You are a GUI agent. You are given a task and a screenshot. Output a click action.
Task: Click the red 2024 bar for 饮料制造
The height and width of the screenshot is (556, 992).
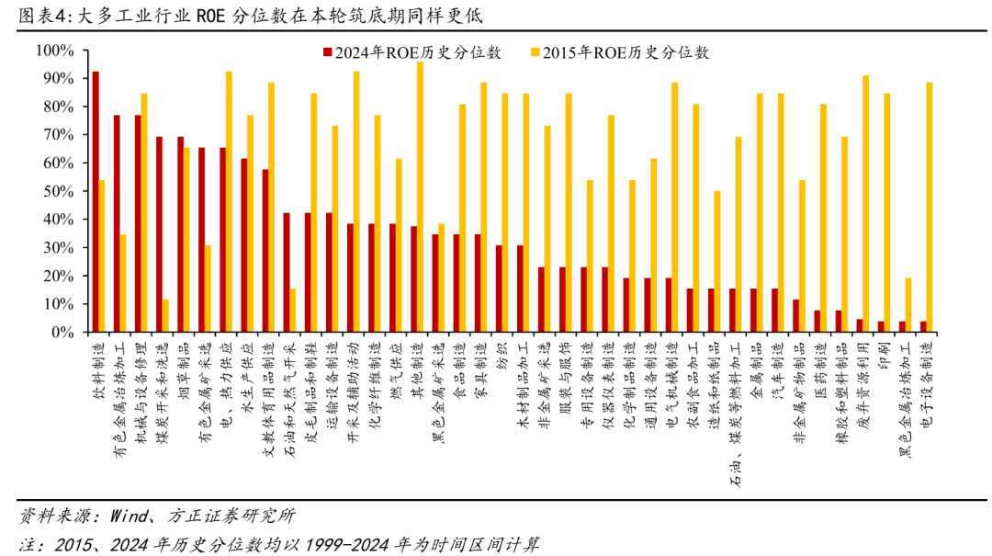(96, 201)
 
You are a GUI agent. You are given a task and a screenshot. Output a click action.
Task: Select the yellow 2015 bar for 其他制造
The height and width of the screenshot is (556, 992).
(420, 197)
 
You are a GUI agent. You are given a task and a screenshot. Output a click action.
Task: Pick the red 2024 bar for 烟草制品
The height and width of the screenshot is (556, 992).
(180, 234)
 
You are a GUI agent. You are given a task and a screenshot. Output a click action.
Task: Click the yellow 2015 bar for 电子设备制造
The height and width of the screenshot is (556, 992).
(929, 207)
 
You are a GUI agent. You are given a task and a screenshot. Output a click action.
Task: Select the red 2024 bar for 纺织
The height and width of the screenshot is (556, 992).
(498, 289)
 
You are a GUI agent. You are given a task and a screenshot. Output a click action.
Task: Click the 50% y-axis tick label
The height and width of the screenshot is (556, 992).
(59, 191)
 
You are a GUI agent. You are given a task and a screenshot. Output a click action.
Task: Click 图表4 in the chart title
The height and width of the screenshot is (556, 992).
(40, 16)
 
